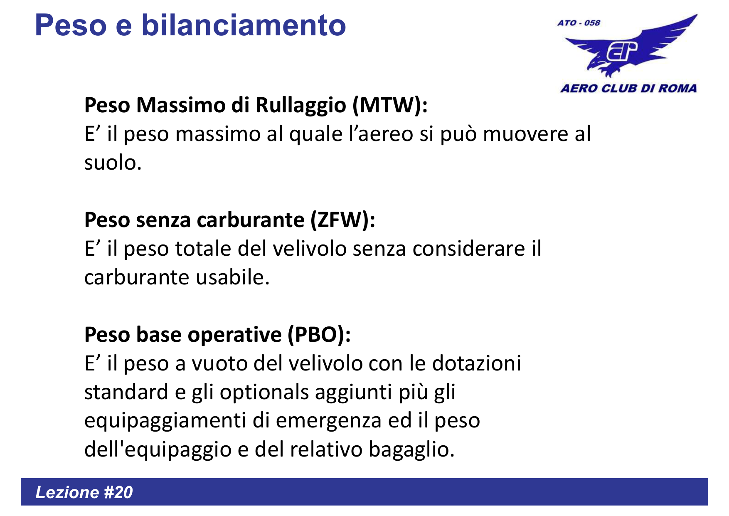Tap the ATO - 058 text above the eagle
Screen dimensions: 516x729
click(579, 23)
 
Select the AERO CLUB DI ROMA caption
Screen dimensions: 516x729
click(628, 89)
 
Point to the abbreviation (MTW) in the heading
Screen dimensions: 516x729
click(389, 105)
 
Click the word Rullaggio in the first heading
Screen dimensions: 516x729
click(300, 105)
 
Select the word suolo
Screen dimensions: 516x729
click(113, 163)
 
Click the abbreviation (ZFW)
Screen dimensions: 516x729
click(342, 220)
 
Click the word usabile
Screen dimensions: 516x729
click(233, 278)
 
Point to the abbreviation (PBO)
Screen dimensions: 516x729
click(319, 335)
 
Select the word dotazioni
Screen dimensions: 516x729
click(476, 363)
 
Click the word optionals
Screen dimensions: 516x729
click(264, 392)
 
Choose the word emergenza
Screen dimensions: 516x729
click(328, 421)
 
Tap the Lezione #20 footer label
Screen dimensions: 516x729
click(84, 492)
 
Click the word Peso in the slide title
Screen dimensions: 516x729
click(71, 26)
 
